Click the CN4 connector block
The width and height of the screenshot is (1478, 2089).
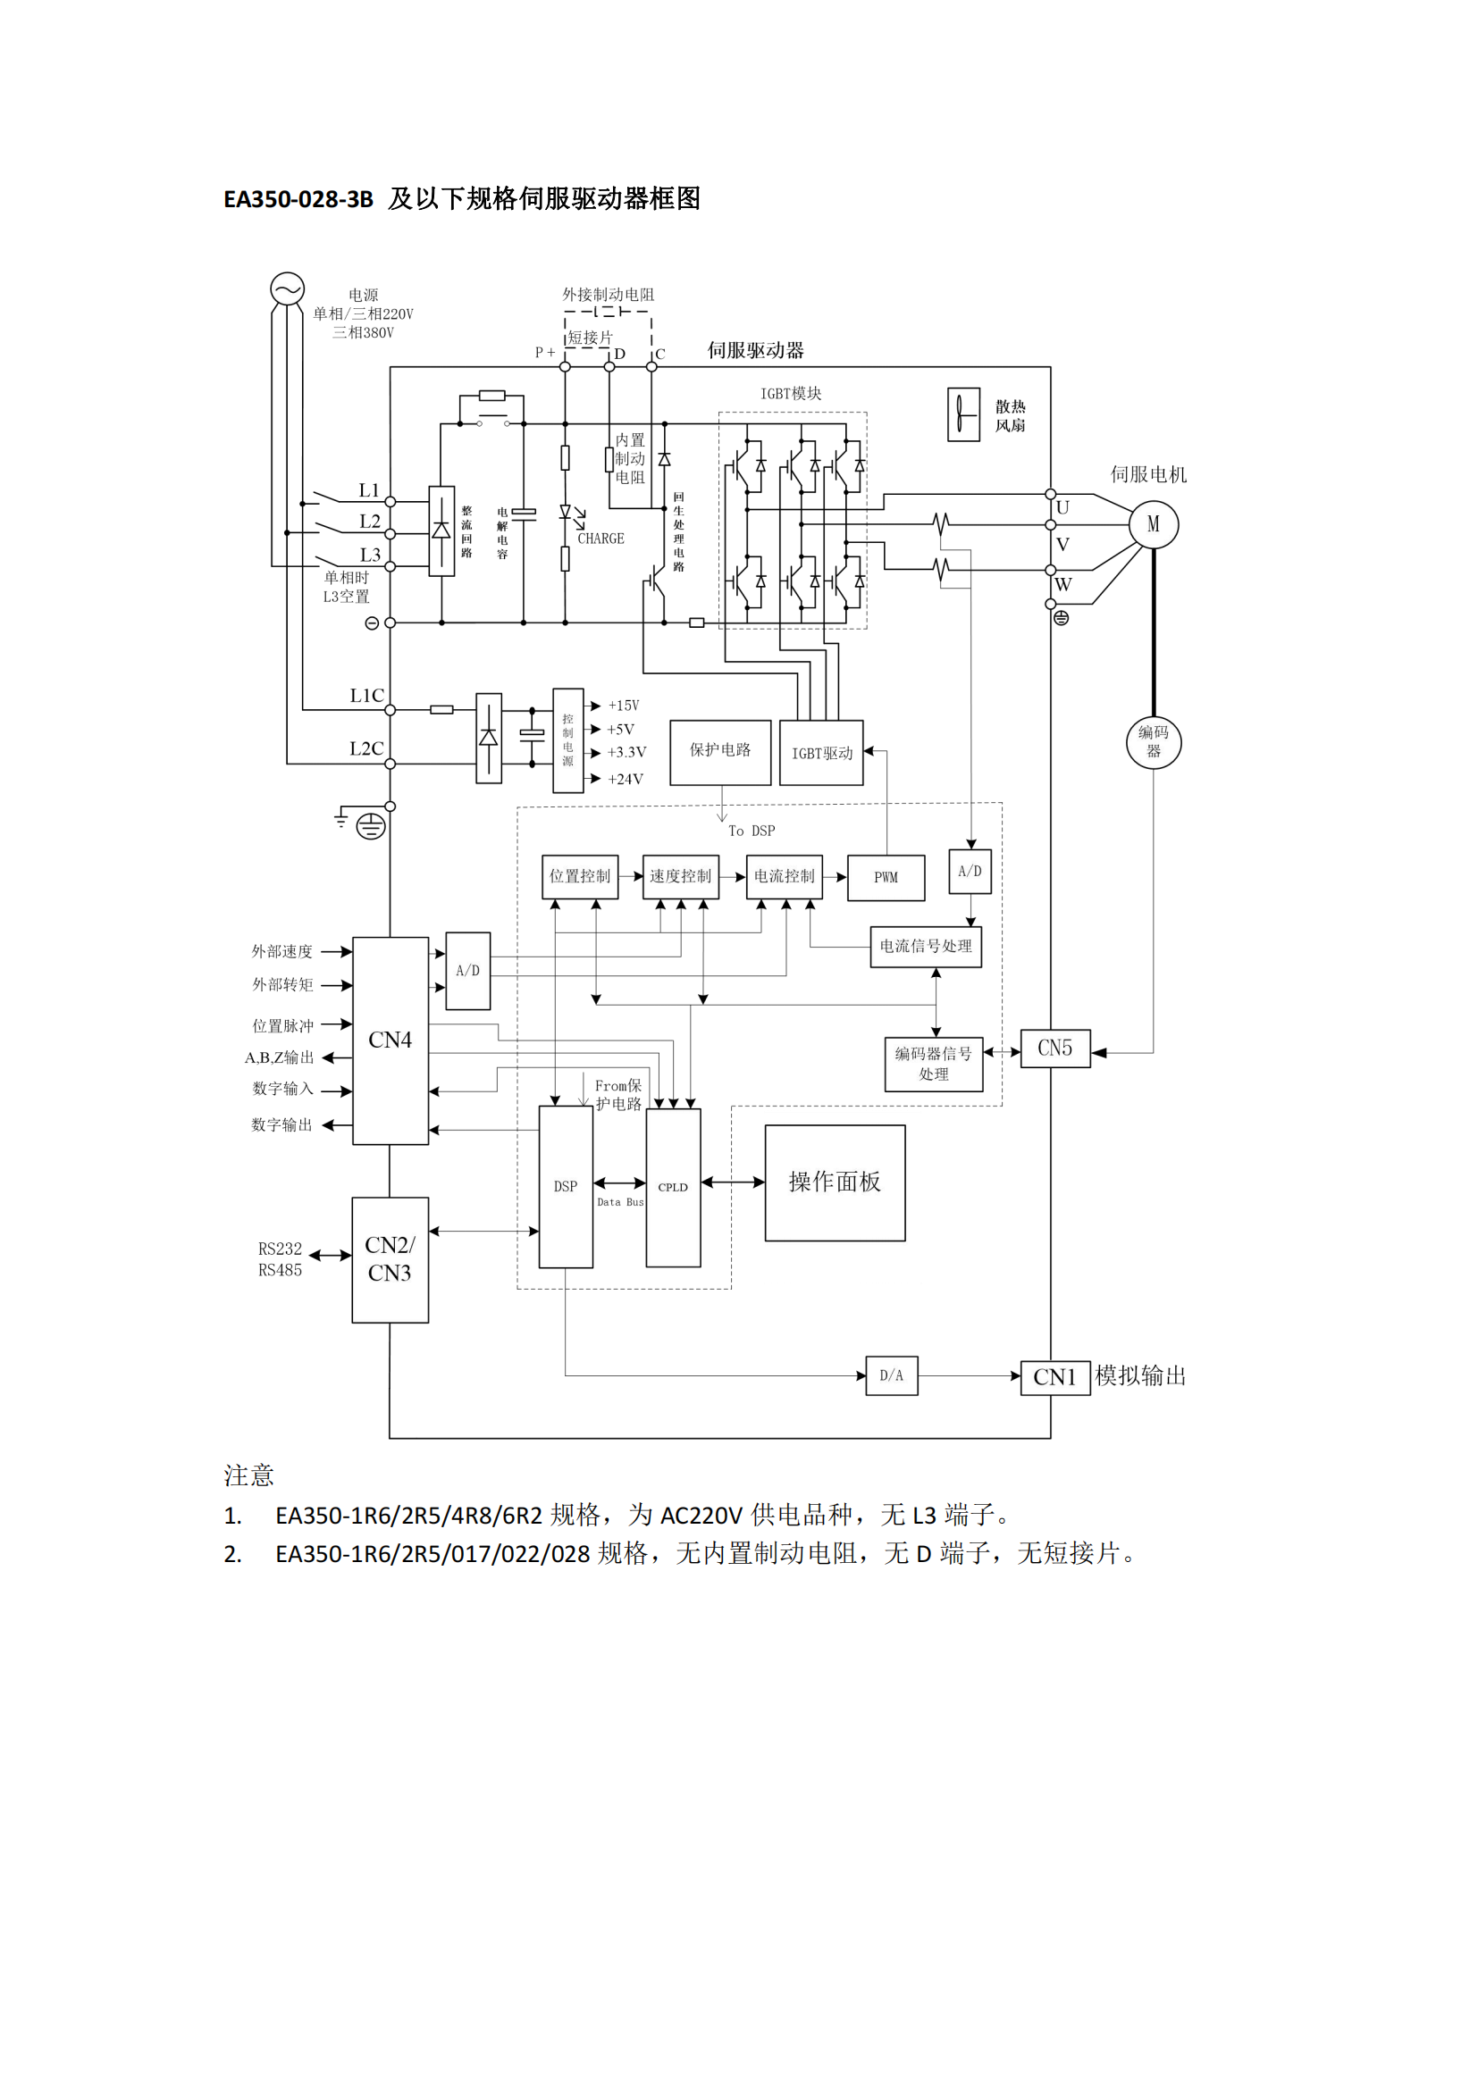click(390, 1040)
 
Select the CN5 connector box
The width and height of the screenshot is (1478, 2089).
click(1054, 1049)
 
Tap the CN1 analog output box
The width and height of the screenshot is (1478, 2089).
click(1054, 1377)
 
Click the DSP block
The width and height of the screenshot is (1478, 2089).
click(565, 1186)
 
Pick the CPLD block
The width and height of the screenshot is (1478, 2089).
click(673, 1187)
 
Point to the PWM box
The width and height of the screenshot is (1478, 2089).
click(886, 877)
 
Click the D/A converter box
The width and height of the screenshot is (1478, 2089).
click(891, 1375)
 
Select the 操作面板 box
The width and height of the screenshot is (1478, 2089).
click(835, 1182)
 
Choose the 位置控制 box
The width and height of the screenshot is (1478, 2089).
click(580, 876)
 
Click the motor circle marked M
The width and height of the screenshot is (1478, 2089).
click(1153, 524)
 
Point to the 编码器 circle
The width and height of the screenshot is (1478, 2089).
click(1153, 741)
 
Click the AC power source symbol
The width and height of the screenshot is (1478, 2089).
click(287, 289)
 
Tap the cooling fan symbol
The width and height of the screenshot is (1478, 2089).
click(963, 415)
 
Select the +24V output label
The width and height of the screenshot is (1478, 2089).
click(626, 779)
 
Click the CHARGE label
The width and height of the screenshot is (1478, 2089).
click(600, 539)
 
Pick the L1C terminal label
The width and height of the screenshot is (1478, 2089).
click(366, 696)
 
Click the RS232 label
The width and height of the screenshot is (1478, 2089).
click(280, 1249)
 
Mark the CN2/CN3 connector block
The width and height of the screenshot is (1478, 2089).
click(390, 1259)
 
